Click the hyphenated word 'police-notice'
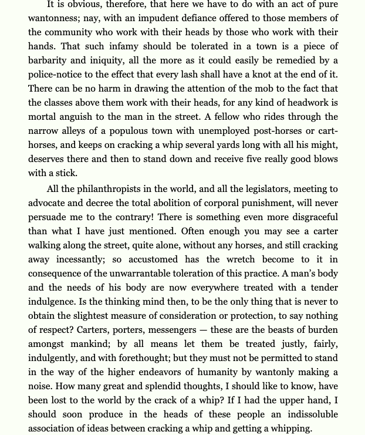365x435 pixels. click(57, 75)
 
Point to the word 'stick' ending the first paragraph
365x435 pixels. click(66, 173)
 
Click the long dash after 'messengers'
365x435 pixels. click(201, 330)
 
